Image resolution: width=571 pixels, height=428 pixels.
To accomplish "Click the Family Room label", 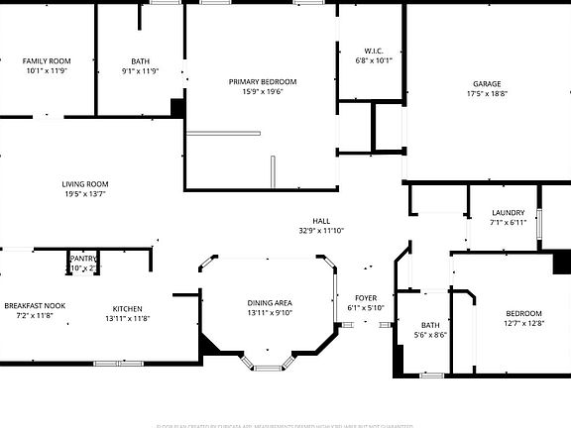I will coord(47,60).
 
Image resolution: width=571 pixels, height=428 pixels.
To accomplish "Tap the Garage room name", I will coord(486,84).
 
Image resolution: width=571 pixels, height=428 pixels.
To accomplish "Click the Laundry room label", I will coord(508,213).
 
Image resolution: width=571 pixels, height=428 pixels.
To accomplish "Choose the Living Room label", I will coord(85,184).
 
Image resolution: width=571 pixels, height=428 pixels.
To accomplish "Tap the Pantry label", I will coord(83,258).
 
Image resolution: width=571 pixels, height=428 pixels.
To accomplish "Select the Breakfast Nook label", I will coord(35,305).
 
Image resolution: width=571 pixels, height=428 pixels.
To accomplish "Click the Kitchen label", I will coord(127,307).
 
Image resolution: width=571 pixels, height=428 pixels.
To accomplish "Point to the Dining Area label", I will coord(269,302).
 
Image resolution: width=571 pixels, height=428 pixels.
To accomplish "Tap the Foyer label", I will coord(366,297).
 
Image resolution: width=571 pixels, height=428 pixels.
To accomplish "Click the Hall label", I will coord(321,221).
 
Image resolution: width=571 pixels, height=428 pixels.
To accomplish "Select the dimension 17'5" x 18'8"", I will coord(486,94).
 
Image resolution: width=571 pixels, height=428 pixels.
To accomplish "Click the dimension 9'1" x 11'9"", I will coord(140,70).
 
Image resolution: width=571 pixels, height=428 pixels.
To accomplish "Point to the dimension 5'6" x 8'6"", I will coord(430,335).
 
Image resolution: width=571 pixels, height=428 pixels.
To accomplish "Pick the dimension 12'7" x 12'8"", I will coord(524,323).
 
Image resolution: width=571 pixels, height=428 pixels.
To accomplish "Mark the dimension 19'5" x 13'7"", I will coord(85,194).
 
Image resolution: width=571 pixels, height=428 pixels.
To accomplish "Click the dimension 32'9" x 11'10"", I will coord(321,231).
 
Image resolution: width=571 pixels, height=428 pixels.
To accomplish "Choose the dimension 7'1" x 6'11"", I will coord(508,223).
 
